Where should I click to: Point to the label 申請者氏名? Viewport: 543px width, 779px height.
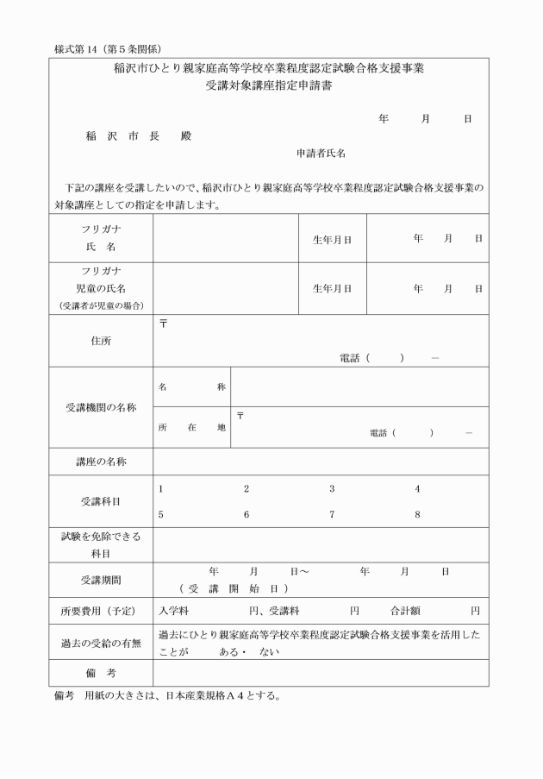(x=321, y=153)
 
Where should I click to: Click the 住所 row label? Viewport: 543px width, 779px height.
(x=101, y=341)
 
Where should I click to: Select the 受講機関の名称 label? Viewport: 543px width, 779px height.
(x=101, y=407)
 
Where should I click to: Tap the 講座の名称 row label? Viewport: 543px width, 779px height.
(x=101, y=462)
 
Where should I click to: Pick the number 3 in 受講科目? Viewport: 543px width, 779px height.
(x=332, y=489)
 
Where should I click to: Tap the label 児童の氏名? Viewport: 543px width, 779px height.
(x=101, y=288)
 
